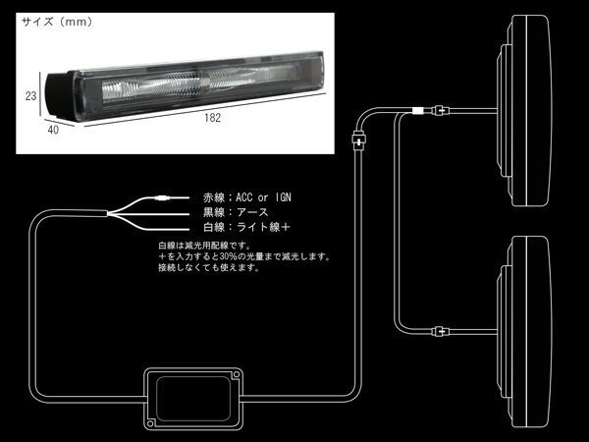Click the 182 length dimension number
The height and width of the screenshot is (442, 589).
(x=212, y=118)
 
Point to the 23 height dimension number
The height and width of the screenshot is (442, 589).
(x=30, y=96)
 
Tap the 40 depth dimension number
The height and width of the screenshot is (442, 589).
(x=53, y=130)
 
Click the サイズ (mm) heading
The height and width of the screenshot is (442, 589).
(x=57, y=22)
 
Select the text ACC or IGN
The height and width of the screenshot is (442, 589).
(x=263, y=197)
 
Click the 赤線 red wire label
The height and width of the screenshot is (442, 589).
(x=214, y=197)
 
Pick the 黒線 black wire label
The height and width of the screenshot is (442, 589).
(x=214, y=212)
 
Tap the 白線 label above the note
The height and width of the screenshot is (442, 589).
(x=214, y=227)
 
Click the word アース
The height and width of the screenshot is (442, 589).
(x=252, y=212)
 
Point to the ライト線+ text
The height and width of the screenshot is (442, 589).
(x=263, y=227)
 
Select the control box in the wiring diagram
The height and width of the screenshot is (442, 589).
(x=193, y=399)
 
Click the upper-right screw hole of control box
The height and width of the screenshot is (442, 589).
(x=237, y=375)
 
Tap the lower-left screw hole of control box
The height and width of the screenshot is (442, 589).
(x=150, y=423)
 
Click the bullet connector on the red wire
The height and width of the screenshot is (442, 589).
(x=162, y=197)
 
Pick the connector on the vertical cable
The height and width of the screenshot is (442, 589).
(x=358, y=140)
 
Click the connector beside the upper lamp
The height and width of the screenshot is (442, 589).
(x=441, y=111)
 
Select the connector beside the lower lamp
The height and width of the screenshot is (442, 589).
(x=441, y=332)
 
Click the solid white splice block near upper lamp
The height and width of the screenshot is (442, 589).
(x=417, y=111)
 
